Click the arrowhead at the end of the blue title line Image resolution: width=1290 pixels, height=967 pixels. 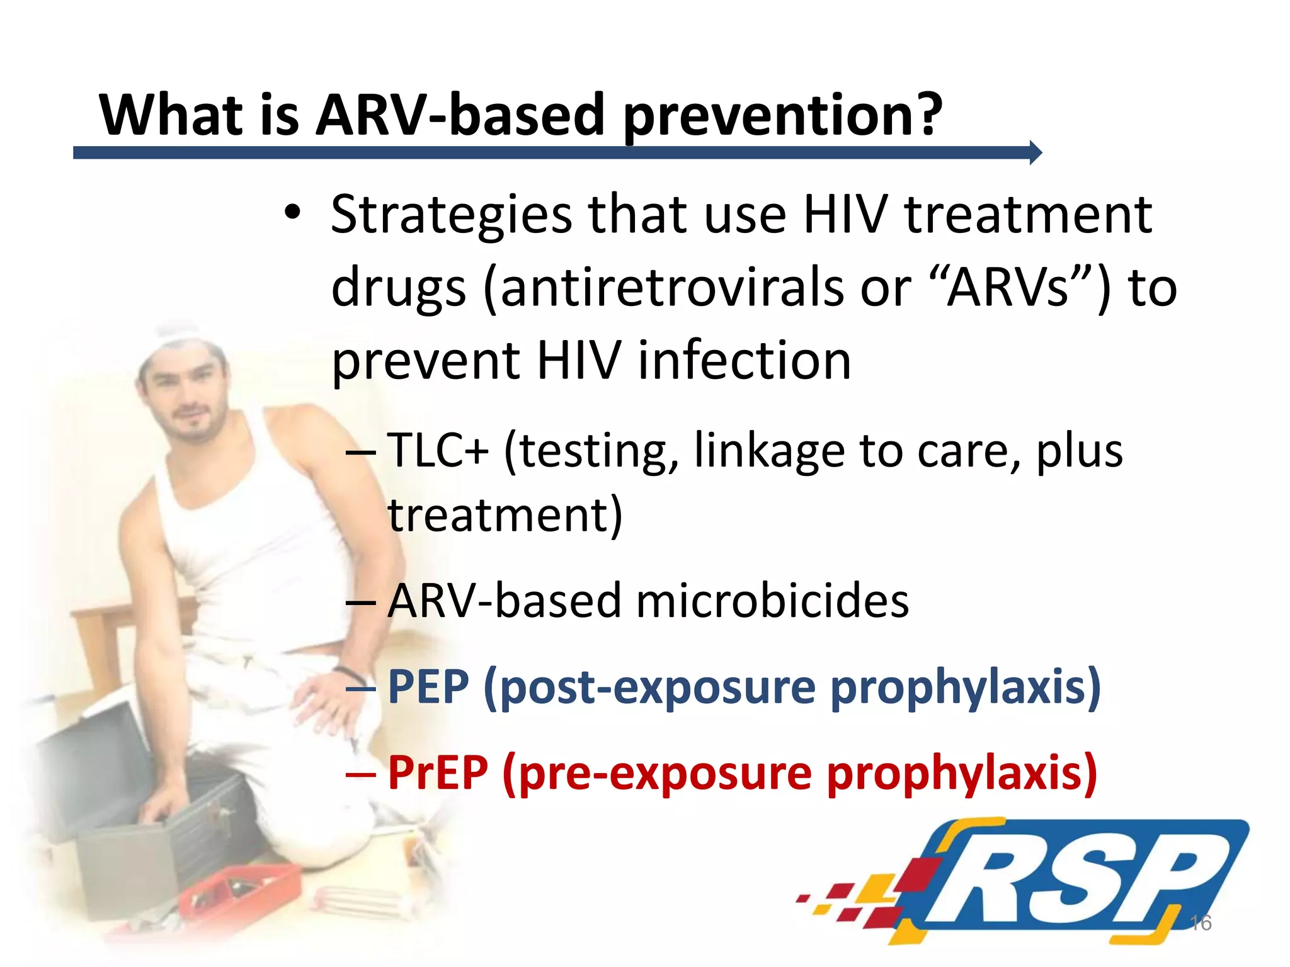coord(1036,152)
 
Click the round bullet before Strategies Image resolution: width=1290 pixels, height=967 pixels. coord(292,212)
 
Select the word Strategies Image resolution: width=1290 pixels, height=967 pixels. coord(451,215)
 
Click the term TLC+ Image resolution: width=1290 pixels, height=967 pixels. coord(438,451)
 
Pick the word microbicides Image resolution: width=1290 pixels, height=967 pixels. coord(772,601)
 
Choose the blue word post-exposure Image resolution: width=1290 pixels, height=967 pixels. coord(659,687)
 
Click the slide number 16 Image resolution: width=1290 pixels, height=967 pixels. coord(1201,923)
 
